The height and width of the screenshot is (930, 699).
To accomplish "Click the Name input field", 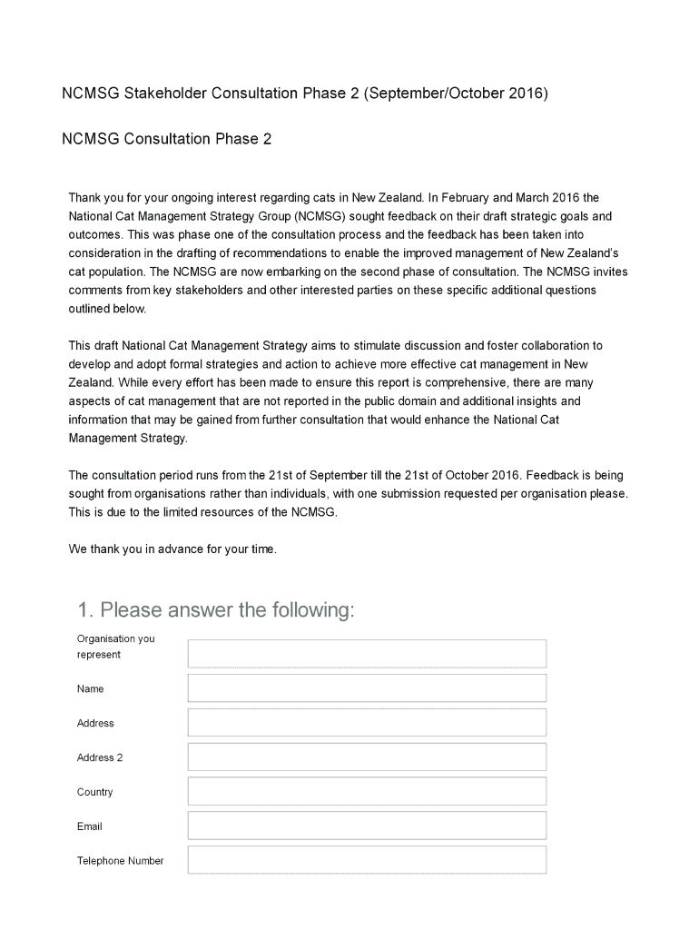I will click(367, 688).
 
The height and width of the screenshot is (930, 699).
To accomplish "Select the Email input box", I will click(367, 826).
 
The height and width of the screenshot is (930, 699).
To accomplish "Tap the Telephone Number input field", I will click(367, 860).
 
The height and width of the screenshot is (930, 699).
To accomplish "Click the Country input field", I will click(367, 791).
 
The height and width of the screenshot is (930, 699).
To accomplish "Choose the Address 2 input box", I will click(367, 757).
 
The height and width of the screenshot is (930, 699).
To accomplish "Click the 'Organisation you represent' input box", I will click(367, 654).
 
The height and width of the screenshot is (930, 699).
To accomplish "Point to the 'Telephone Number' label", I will click(120, 861).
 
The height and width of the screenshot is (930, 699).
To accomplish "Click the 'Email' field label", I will click(90, 826).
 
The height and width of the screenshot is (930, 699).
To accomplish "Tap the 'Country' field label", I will click(95, 792).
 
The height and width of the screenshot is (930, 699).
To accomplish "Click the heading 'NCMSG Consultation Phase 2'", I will click(166, 139).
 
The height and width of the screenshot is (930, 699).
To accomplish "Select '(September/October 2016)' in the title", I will click(456, 94).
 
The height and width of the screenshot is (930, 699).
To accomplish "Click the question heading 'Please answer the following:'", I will click(225, 610).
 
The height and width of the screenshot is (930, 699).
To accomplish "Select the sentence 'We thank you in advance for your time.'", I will click(172, 549).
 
